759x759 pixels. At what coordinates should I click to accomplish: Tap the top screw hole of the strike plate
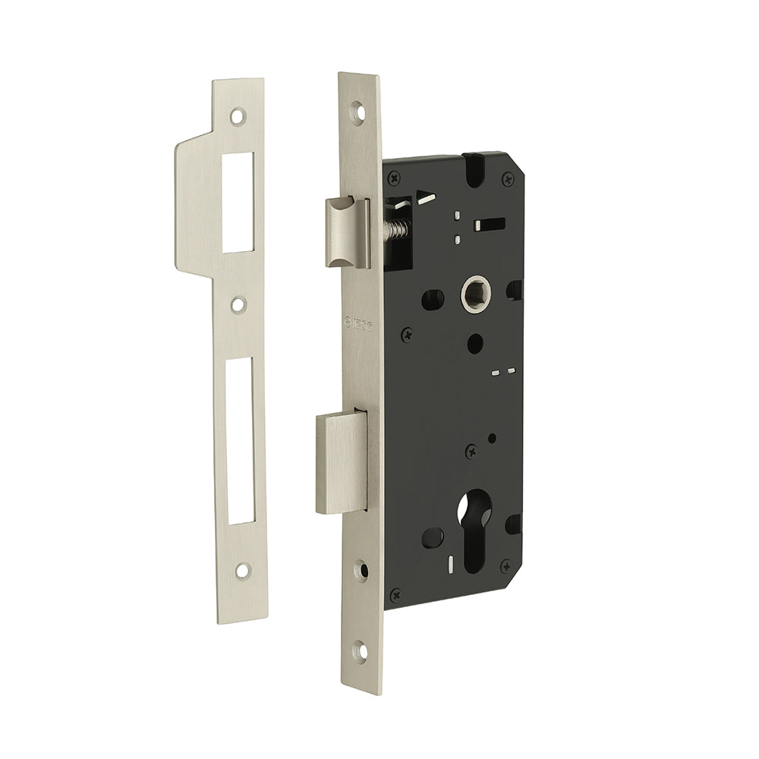point(240,118)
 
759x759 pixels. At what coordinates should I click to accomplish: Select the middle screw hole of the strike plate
point(240,305)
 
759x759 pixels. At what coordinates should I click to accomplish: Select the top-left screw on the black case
point(394,177)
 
